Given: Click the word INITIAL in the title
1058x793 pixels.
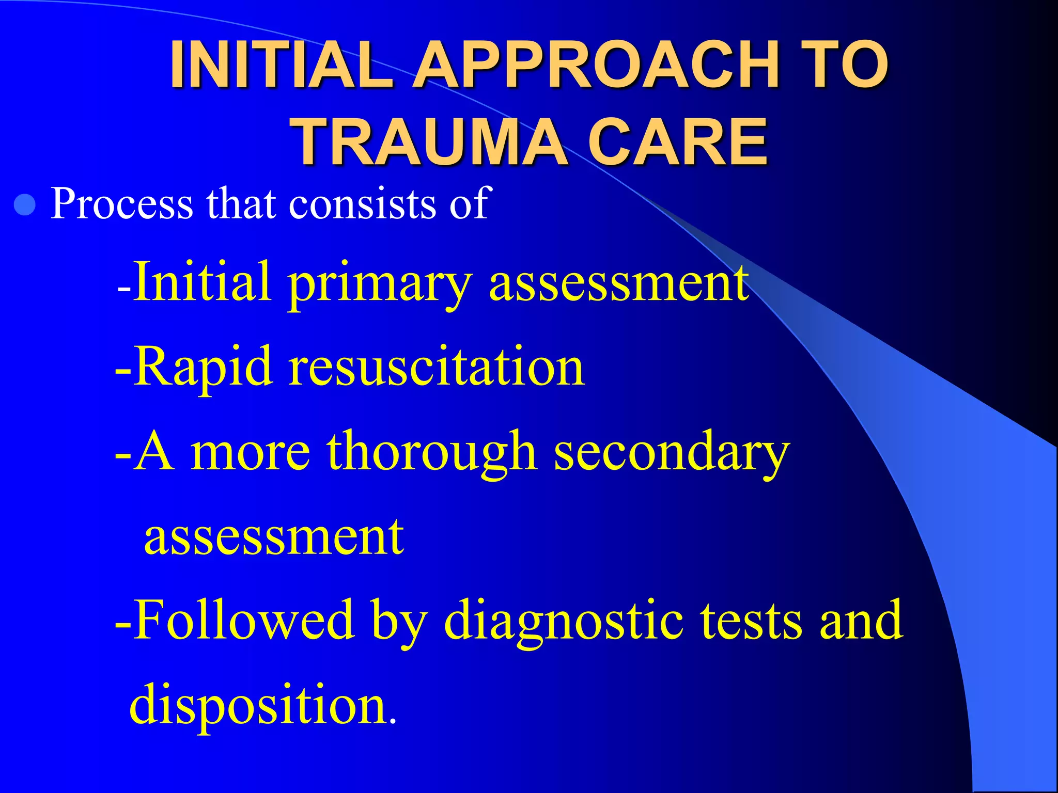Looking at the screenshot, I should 282,65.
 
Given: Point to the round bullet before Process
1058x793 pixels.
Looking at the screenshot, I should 24,206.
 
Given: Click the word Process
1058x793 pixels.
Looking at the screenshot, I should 121,203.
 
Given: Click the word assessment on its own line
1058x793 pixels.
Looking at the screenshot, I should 274,537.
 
